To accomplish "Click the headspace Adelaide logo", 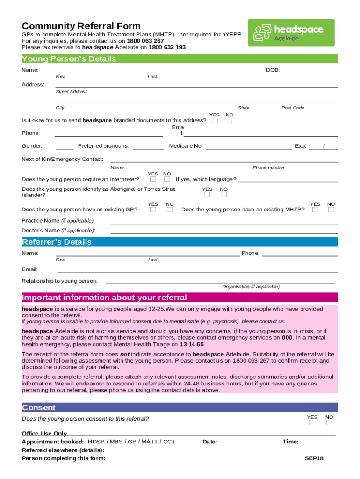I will (291, 33).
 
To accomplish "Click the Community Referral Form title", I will (81, 26).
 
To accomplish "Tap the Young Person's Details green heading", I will (69, 59).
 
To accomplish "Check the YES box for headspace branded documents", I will (215, 121).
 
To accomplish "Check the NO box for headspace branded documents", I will (229, 121).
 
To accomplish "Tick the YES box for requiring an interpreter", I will (153, 179).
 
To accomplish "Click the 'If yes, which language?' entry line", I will (288, 180).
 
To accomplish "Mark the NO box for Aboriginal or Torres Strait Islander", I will (223, 195).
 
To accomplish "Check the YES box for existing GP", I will (153, 210).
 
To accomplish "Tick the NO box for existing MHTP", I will (331, 210).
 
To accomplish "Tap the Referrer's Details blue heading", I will (57, 242).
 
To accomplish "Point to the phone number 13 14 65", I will (192, 344).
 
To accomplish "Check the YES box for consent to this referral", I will (312, 422).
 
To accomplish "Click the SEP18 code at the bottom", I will (314, 458).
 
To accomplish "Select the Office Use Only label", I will (44, 434).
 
